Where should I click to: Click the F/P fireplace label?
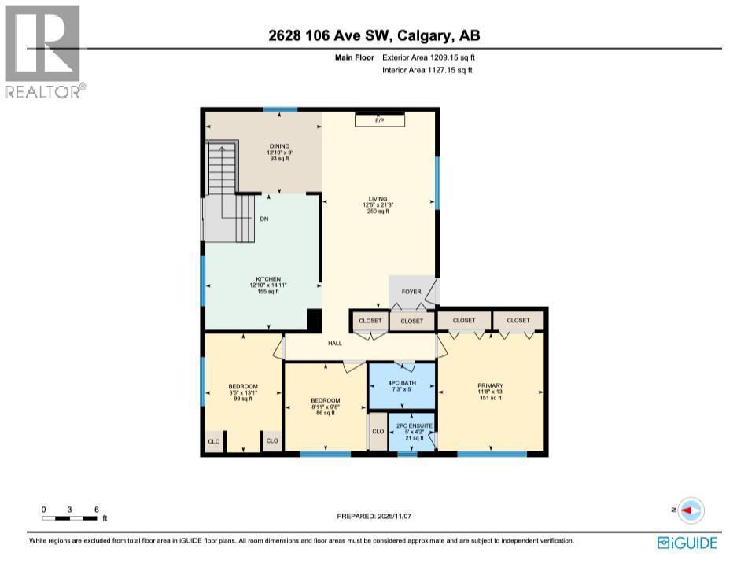point(379,120)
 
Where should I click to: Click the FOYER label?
point(411,292)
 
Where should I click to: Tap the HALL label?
point(335,342)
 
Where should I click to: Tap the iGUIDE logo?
point(687,543)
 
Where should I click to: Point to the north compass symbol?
point(690,510)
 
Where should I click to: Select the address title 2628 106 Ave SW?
point(374,35)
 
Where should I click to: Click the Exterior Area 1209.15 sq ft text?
point(429,57)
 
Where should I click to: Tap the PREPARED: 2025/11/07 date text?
point(374,516)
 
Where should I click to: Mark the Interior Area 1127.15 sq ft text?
point(427,70)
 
